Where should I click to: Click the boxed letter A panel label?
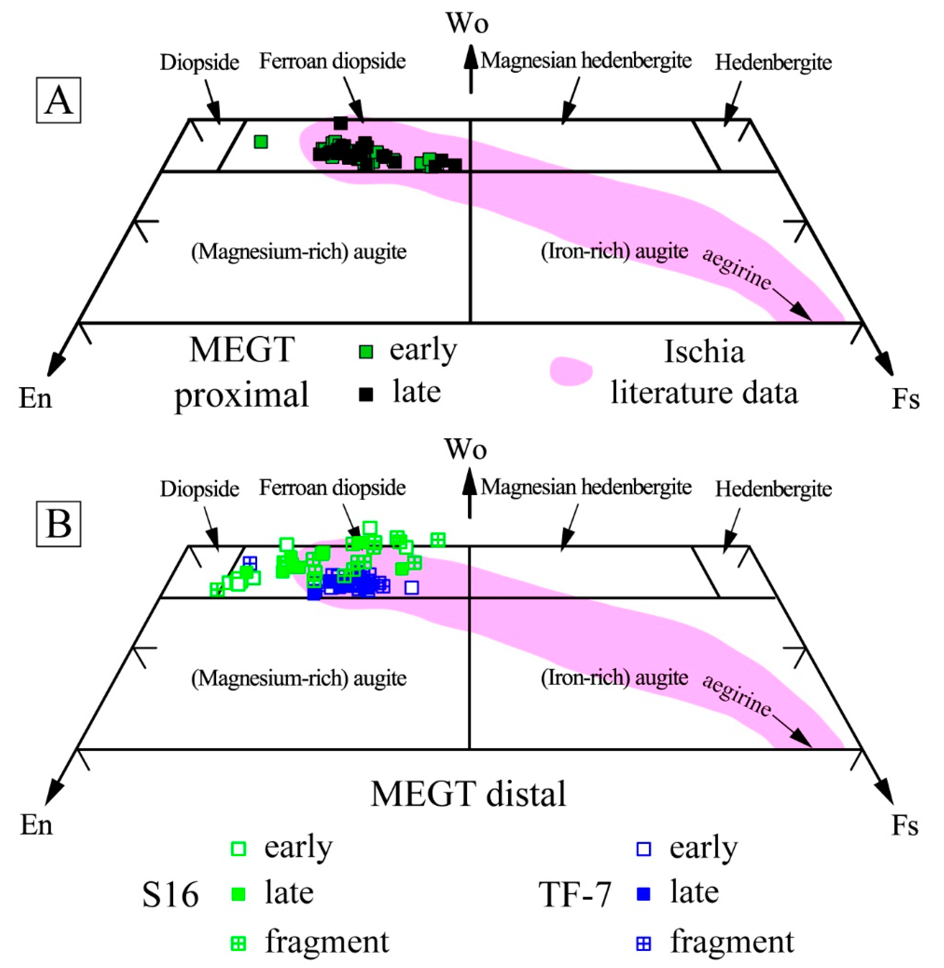coord(58,100)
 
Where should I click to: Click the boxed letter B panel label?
coord(58,524)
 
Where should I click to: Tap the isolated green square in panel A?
coord(261,142)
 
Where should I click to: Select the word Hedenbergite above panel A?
coord(773,63)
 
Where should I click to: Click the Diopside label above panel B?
coord(199,489)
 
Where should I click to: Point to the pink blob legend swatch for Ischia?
coord(571,371)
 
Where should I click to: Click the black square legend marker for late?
coord(366,394)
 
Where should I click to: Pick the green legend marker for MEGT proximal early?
coord(366,352)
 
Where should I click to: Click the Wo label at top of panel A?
coord(467,23)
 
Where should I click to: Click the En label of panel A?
coord(35,398)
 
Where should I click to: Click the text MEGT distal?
coord(468,794)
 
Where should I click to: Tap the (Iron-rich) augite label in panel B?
coord(614,678)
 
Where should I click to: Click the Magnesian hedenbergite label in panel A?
coord(586,61)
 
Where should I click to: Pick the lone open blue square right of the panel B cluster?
coord(411,588)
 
